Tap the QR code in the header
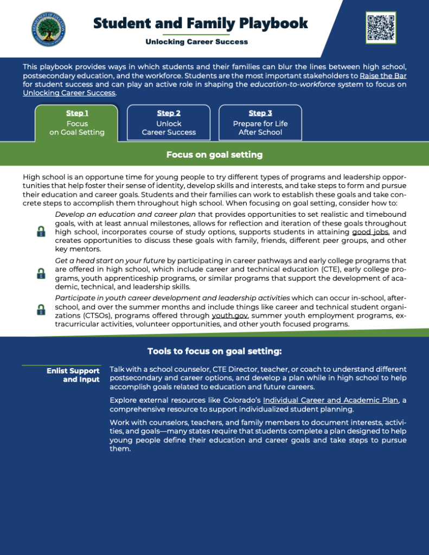tap(381, 27)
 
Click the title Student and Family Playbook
tap(200, 23)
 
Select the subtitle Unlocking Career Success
tap(197, 42)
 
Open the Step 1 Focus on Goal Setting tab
tap(76, 123)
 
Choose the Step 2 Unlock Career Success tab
tap(169, 123)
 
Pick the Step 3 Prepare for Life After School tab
tap(260, 123)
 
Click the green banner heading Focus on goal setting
tap(214, 155)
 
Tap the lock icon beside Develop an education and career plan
tap(41, 231)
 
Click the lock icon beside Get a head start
tap(41, 273)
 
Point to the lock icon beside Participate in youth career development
tap(41, 309)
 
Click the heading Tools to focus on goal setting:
tap(214, 351)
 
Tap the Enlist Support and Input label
tap(73, 375)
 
